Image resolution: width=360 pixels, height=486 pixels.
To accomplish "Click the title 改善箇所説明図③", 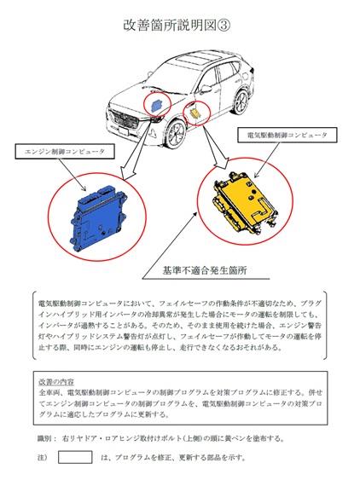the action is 177,26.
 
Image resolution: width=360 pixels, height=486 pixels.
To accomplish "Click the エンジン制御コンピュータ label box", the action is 64,152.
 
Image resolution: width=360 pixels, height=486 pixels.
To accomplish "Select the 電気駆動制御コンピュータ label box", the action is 287,135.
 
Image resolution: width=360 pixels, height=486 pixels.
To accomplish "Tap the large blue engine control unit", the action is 99,217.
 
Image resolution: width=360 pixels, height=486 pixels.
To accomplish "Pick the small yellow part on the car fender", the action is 195,113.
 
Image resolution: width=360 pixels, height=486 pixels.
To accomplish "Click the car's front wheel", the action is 176,133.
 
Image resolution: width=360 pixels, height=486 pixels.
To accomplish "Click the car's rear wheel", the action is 241,102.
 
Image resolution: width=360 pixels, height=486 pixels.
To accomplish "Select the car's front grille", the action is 125,119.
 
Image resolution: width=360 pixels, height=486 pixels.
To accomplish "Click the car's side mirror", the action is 206,89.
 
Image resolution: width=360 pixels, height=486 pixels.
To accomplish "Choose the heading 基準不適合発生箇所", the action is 205,270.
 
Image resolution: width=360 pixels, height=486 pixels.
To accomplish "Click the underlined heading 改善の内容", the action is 56,381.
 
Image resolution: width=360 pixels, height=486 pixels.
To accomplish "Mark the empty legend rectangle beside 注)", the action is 75,457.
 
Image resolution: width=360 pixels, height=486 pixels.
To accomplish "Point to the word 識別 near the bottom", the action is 44,438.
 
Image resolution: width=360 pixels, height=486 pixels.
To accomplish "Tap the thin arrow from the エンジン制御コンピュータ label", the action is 73,175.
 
